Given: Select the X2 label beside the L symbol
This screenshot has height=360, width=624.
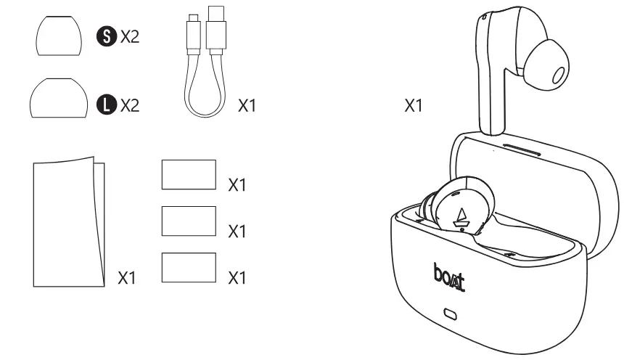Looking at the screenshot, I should (129, 105).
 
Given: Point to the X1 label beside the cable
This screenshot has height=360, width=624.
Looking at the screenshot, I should (247, 107).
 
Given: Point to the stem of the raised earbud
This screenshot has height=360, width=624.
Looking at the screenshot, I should (492, 94).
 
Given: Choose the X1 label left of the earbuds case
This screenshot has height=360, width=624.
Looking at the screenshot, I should (413, 106).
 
